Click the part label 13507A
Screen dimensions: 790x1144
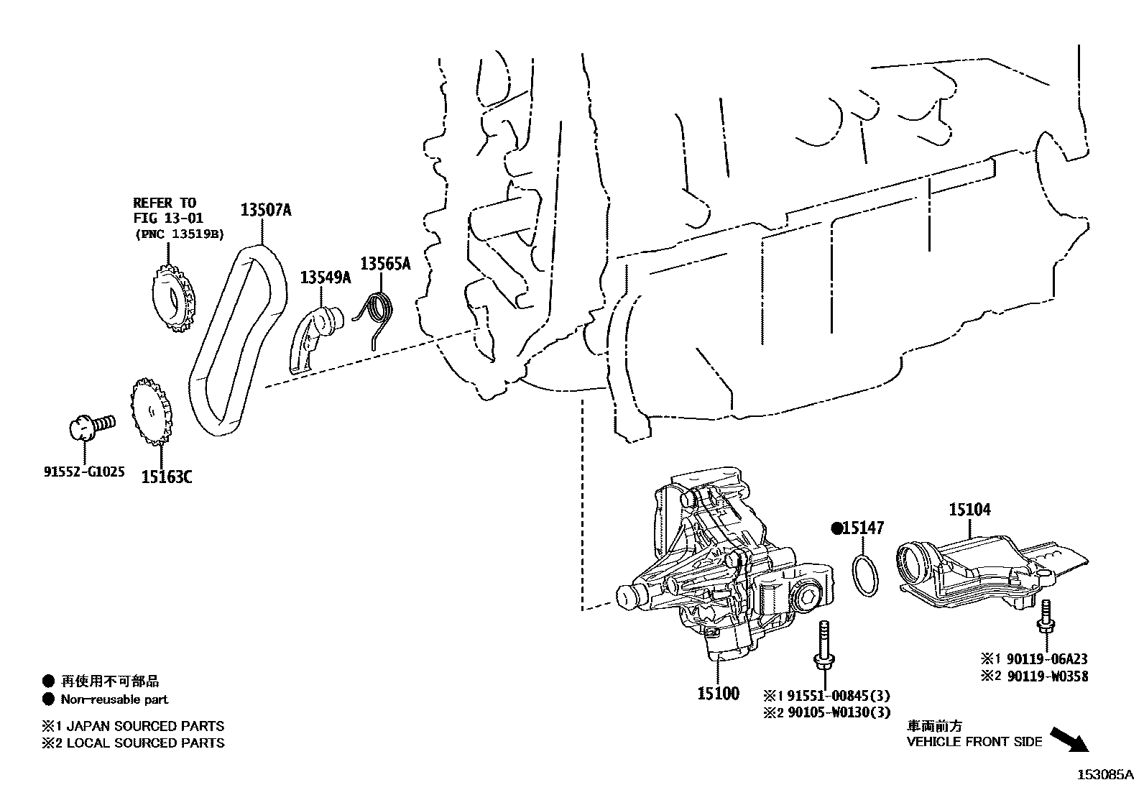pos(265,210)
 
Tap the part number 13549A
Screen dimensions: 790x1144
pos(325,277)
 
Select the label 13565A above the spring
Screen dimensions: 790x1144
pos(385,264)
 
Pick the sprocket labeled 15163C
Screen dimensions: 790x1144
pos(152,414)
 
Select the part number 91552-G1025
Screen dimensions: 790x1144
pos(84,472)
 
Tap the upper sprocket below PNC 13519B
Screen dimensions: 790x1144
pos(173,299)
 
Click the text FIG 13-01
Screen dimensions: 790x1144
pos(168,218)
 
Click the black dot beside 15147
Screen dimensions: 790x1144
pos(836,528)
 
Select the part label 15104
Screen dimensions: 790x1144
pos(969,510)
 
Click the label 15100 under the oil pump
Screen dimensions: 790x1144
pos(718,694)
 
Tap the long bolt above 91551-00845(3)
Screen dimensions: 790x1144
pos(821,648)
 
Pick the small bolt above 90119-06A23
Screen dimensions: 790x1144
pos(1045,619)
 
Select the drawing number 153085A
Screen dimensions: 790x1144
pos(1104,775)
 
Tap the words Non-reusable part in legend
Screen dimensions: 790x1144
pos(114,699)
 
